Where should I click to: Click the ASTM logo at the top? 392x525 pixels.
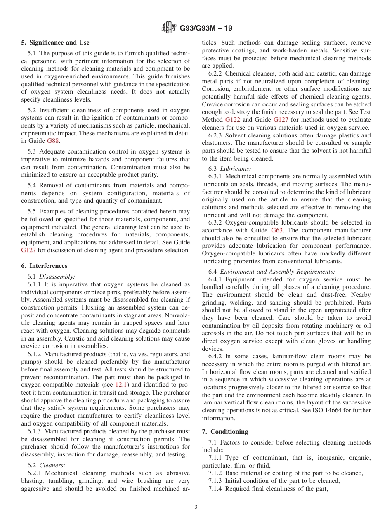[169, 28]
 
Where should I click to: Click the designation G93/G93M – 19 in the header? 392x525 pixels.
[205, 28]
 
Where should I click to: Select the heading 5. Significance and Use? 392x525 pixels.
[55, 43]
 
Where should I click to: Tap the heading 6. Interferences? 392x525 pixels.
[44, 266]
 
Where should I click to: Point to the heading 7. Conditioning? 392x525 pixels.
[225, 432]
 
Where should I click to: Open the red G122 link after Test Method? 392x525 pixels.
[232, 120]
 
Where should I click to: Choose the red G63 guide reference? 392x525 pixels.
[276, 230]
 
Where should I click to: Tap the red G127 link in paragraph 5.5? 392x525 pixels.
[29, 250]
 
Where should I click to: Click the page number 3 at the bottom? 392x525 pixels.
[196, 507]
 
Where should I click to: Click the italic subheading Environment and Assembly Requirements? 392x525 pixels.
[277, 272]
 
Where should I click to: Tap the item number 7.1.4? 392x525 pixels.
[216, 489]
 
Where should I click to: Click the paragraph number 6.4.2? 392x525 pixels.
[216, 356]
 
